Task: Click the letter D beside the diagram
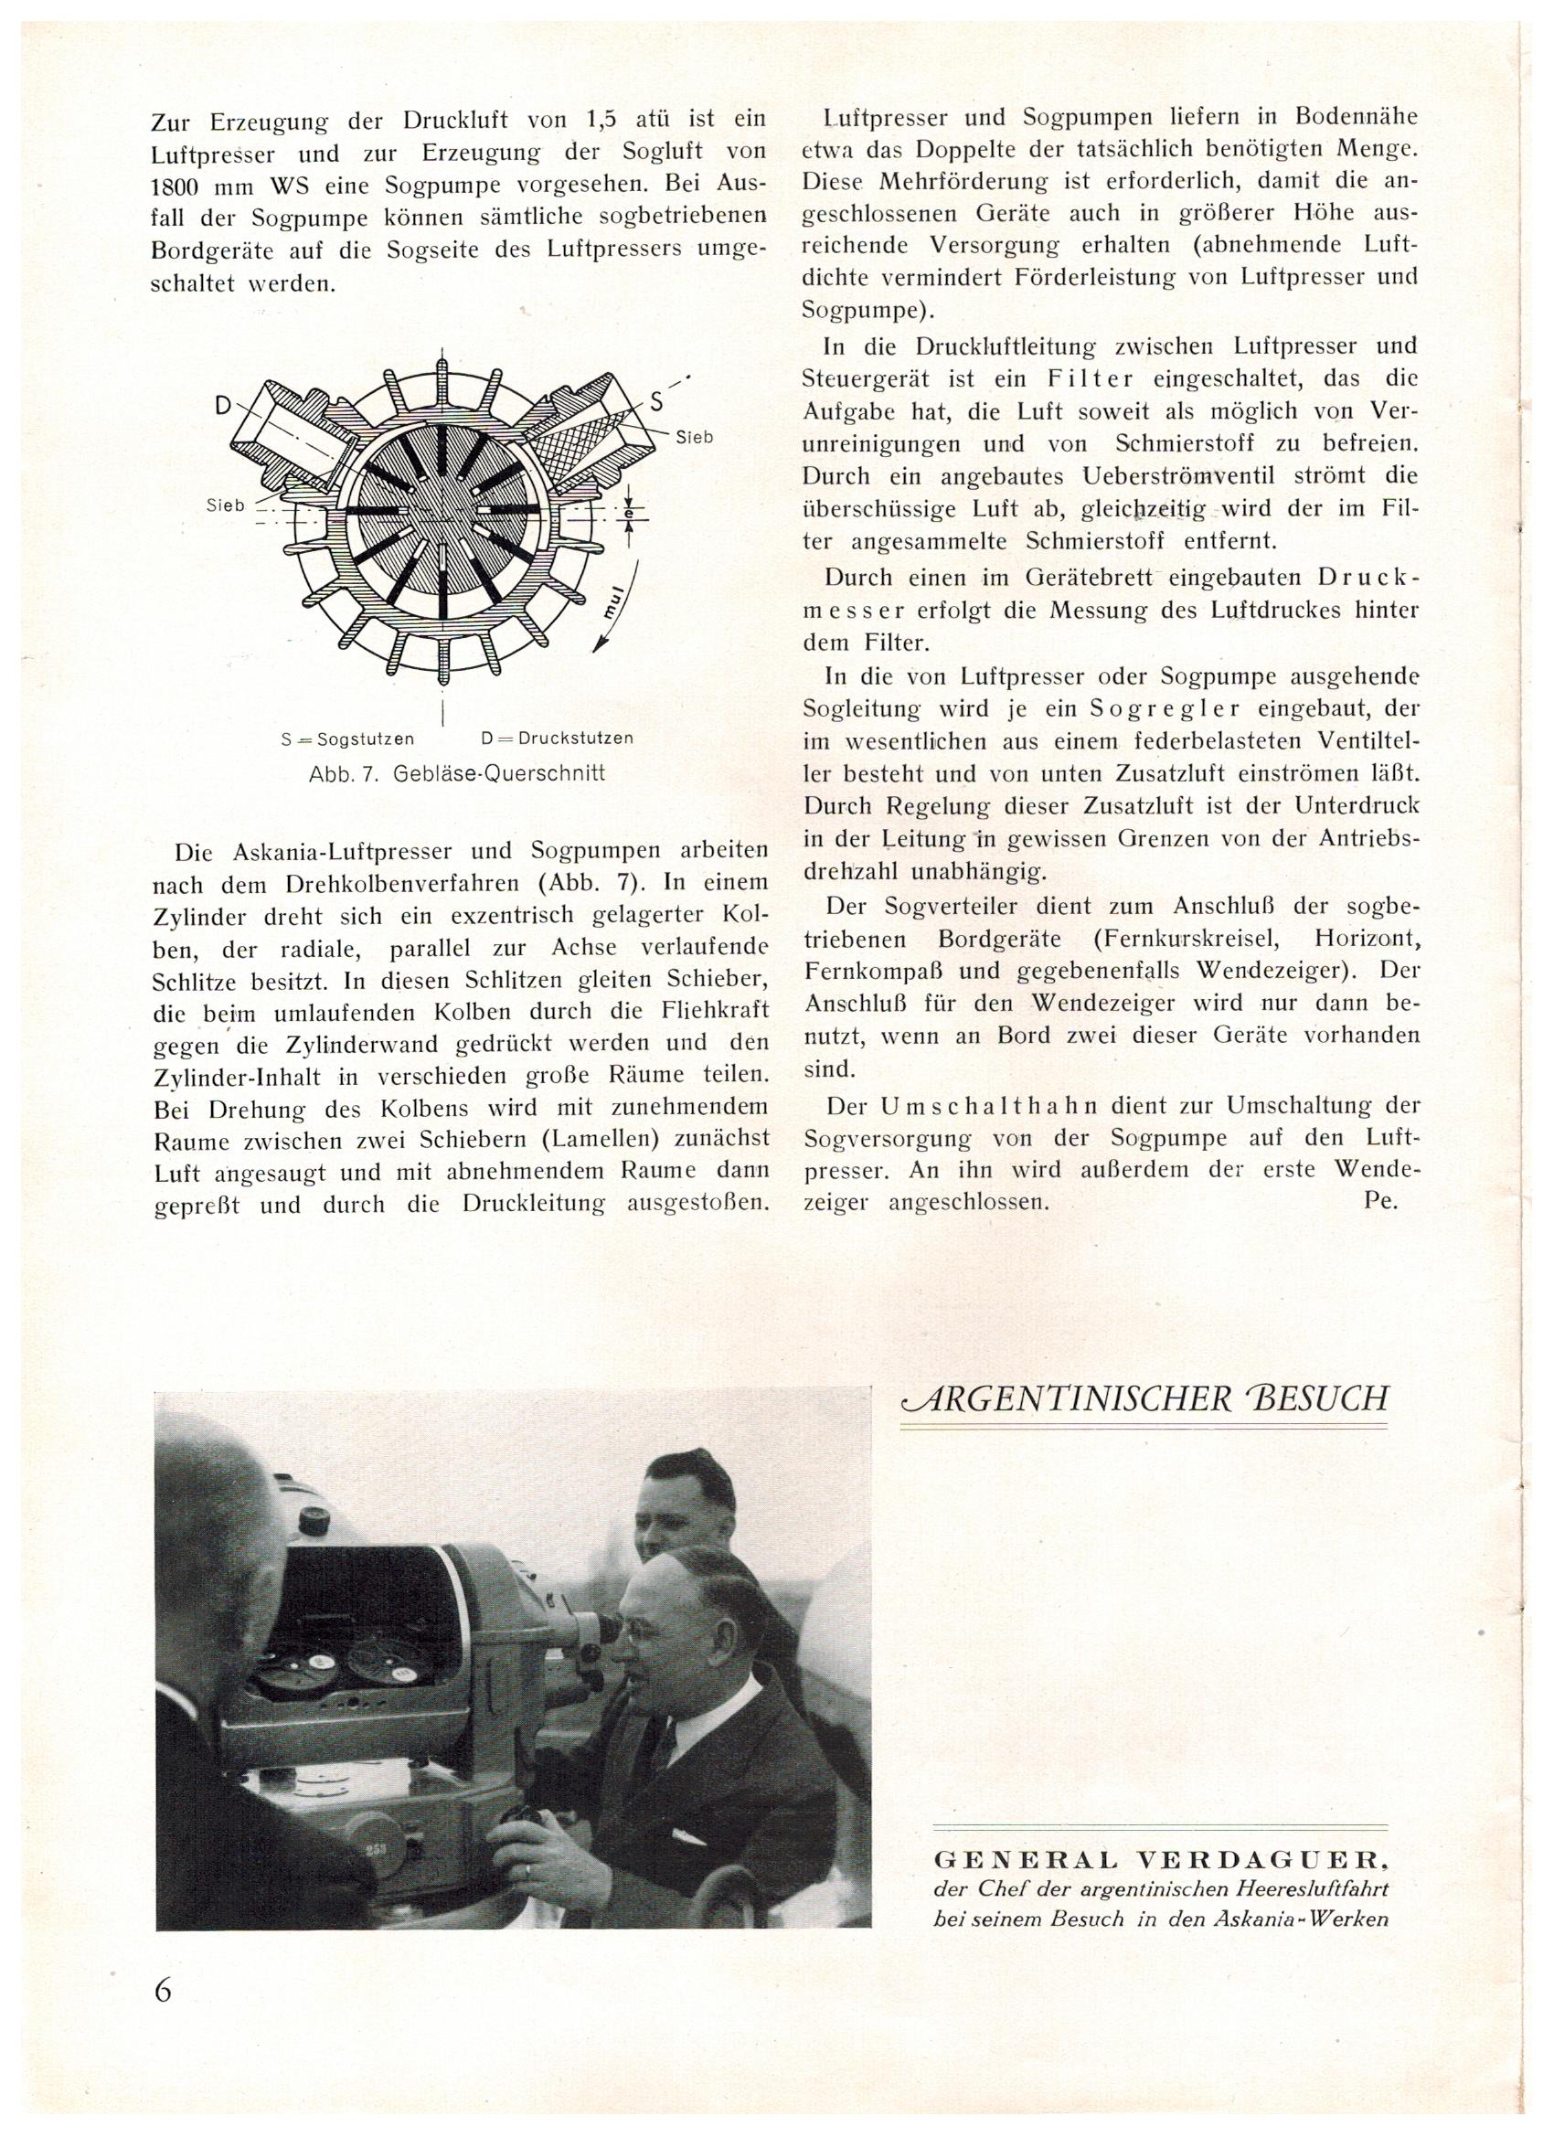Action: coord(223,405)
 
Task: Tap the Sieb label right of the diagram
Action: coord(695,437)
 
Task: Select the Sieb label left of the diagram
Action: coord(225,505)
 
